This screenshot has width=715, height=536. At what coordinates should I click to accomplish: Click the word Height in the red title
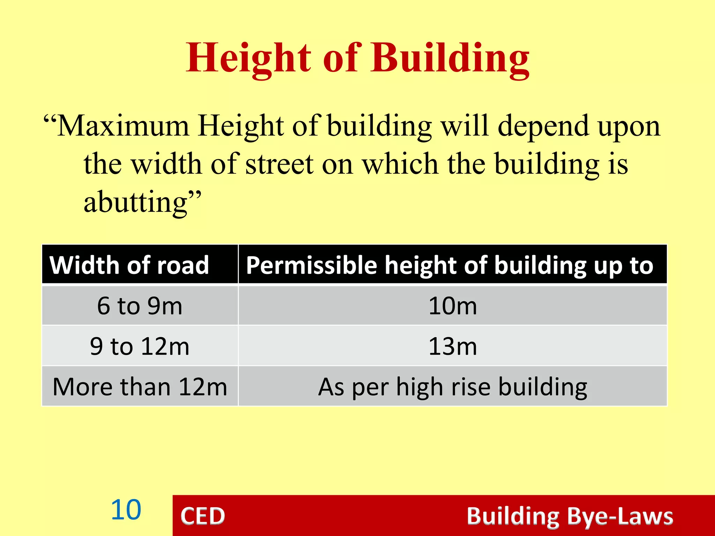point(248,58)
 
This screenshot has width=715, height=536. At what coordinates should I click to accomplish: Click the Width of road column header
point(129,265)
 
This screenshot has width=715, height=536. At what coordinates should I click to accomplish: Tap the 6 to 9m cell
point(140,306)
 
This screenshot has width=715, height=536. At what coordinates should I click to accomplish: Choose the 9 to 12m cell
point(140,347)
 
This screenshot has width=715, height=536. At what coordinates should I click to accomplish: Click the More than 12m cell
point(140,387)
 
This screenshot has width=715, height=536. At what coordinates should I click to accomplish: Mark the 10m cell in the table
point(452,306)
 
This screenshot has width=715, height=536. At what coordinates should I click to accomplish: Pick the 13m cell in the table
point(452,347)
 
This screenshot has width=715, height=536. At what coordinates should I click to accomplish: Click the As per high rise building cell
point(452,387)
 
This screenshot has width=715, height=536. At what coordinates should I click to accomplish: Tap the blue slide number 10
point(126,510)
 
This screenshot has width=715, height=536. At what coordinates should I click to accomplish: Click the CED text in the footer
point(202,516)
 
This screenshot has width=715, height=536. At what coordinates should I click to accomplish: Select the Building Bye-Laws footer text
point(570,516)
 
